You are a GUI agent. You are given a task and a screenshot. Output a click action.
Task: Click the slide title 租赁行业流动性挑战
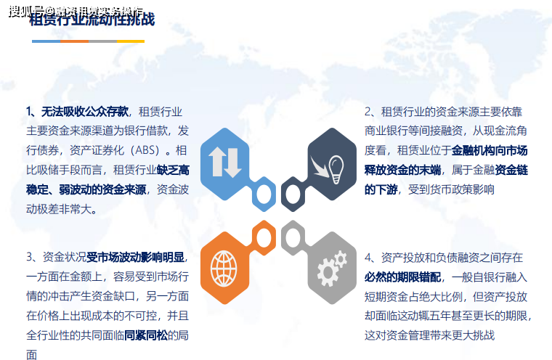click(x=92, y=20)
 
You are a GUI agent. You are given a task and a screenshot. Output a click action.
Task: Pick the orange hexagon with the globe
click(x=224, y=267)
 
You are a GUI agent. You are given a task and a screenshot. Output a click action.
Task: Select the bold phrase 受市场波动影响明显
click(x=136, y=257)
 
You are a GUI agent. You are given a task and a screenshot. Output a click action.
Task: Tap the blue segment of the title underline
click(x=46, y=41)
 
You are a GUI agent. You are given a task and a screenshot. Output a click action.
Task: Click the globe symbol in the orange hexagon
click(x=224, y=269)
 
